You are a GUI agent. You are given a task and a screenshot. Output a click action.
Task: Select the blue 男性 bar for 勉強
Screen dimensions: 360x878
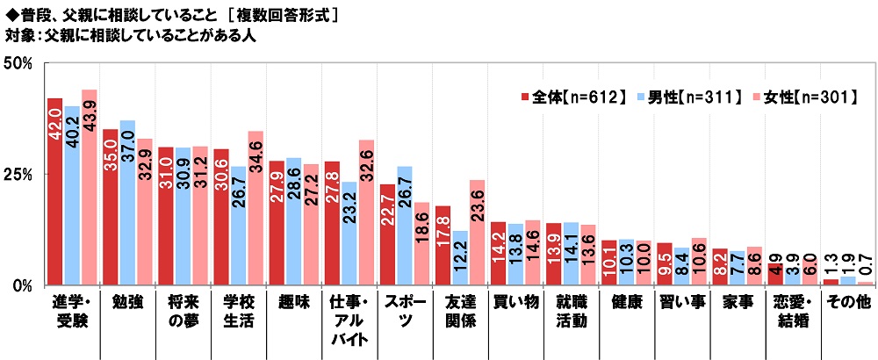127,202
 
